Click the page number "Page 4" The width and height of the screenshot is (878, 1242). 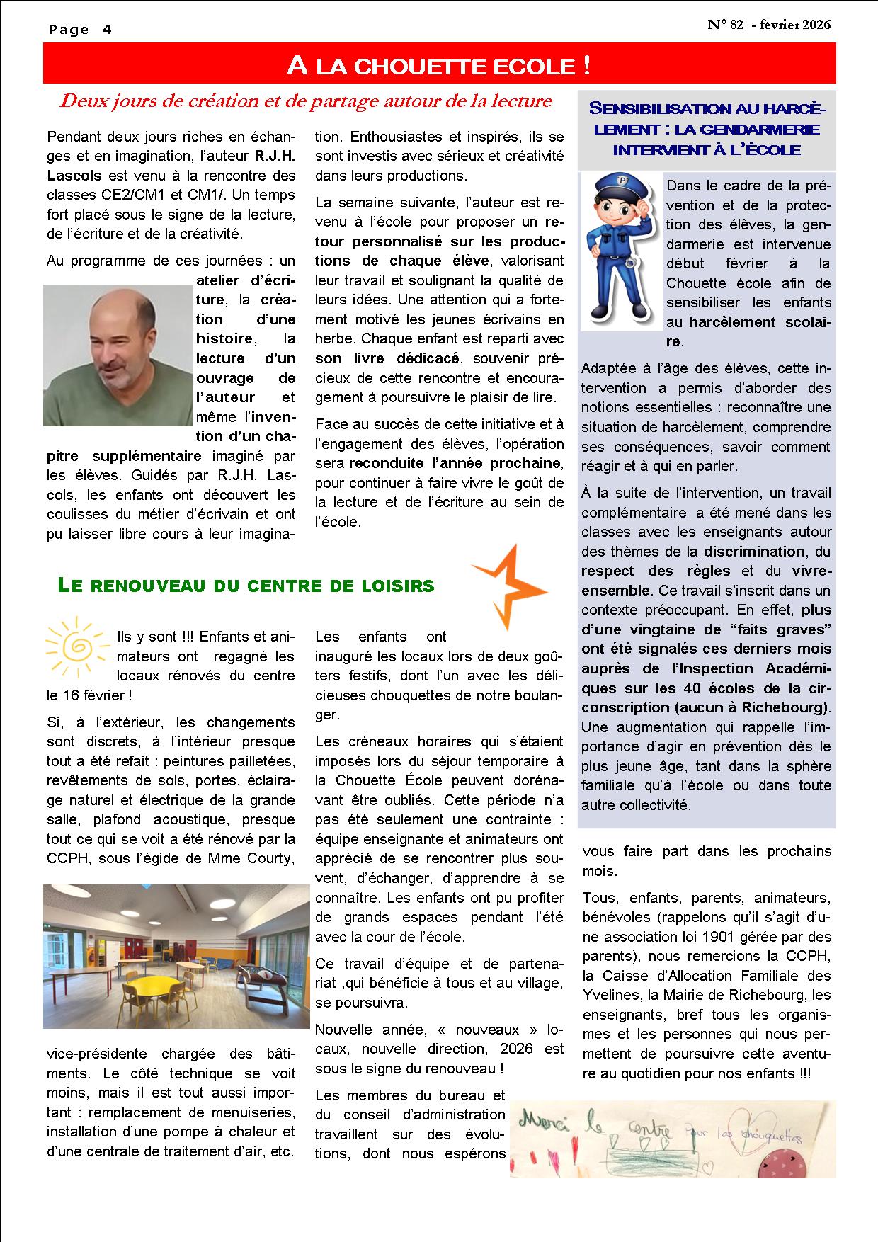(80, 30)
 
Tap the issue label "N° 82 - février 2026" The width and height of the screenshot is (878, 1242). (769, 25)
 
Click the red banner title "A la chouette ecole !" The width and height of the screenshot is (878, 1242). (439, 66)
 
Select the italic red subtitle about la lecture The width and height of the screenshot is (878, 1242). (306, 101)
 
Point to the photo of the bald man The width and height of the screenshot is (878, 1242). (118, 355)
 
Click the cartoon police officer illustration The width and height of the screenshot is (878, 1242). (621, 251)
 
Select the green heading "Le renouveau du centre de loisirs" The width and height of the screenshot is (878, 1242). (246, 586)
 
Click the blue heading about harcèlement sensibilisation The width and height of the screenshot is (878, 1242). (707, 130)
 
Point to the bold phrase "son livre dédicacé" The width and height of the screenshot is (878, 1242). (387, 358)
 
